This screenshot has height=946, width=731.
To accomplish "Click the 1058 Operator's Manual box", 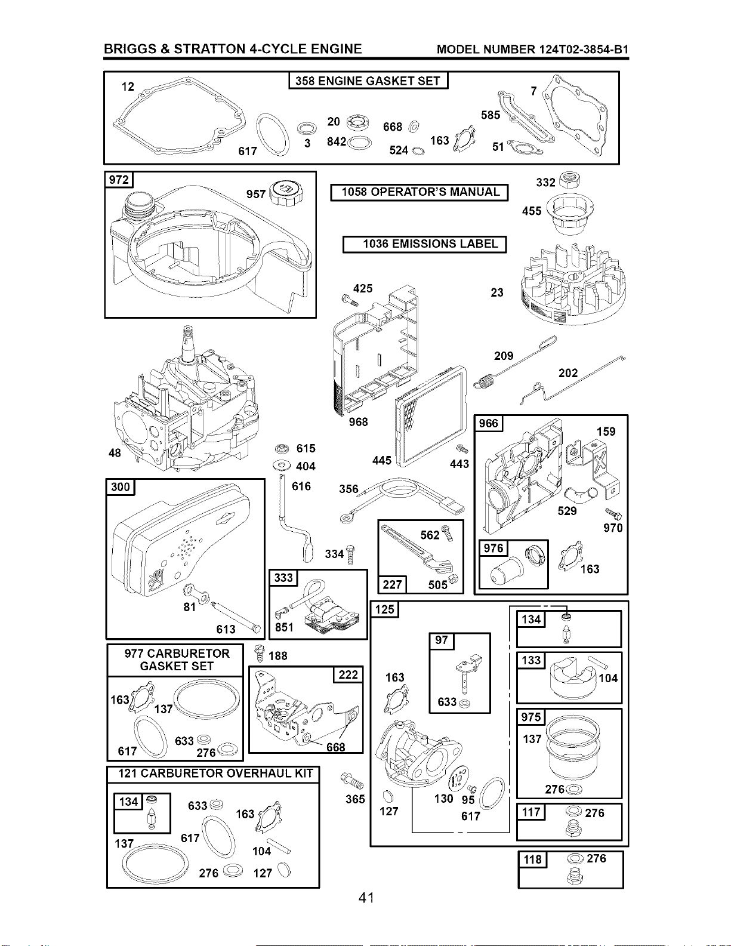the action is tap(420, 192).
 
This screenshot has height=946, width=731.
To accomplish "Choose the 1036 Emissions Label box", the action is tap(425, 244).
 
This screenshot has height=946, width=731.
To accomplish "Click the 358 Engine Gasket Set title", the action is tap(368, 81).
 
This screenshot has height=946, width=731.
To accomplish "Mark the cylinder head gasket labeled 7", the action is tap(575, 115).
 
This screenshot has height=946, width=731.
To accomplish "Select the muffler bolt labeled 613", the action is tap(236, 617).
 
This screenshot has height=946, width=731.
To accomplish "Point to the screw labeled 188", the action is tap(260, 654).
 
